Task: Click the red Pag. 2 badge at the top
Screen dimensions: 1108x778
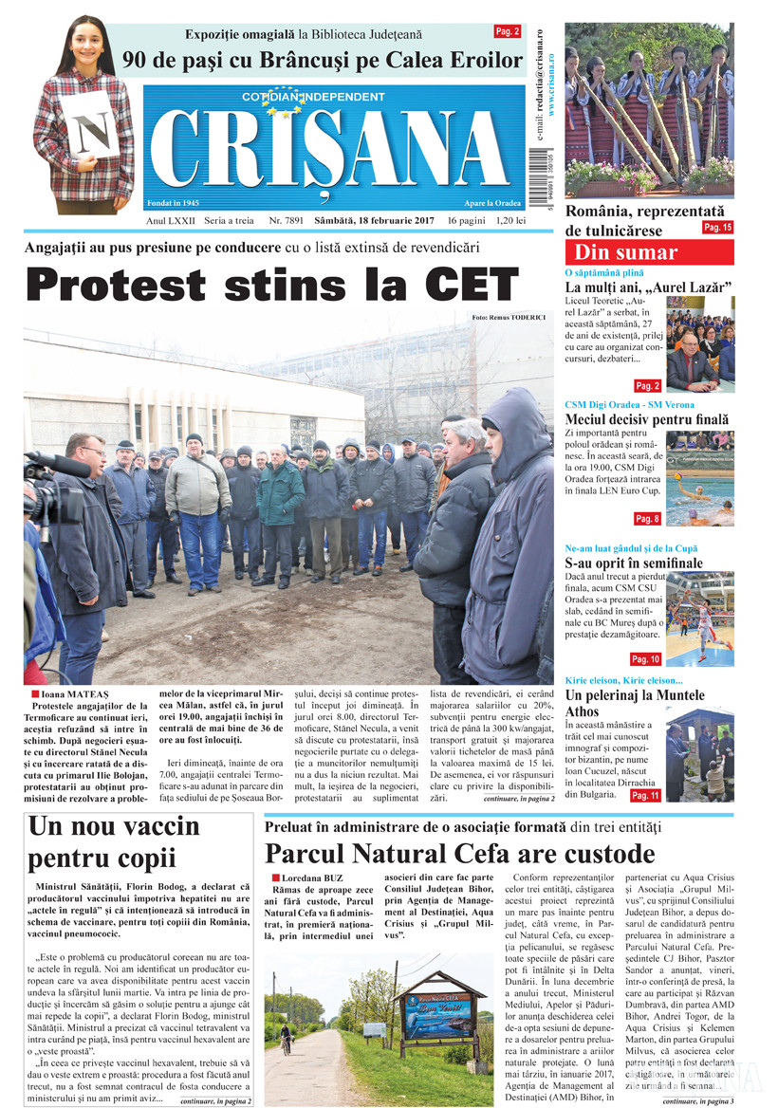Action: (x=508, y=31)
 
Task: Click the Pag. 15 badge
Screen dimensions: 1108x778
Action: (x=716, y=228)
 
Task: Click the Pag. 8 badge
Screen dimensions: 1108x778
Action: (x=647, y=518)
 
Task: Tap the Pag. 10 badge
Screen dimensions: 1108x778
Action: (x=645, y=658)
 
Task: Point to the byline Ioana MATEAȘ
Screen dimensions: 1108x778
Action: (x=77, y=693)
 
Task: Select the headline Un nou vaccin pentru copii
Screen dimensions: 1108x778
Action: (x=114, y=841)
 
